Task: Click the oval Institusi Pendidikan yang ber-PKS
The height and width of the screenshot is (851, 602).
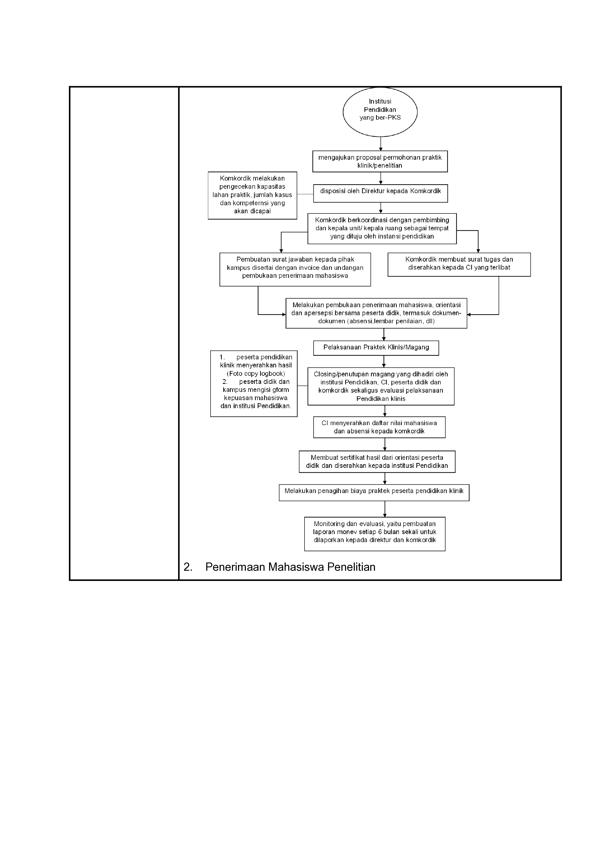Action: click(380, 112)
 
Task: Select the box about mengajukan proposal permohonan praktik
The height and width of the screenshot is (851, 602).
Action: click(380, 161)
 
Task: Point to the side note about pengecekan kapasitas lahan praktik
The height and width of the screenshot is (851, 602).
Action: click(252, 195)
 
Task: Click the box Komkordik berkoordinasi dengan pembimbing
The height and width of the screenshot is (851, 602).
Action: click(382, 228)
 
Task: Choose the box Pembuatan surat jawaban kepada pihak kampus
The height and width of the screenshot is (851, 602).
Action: click(295, 269)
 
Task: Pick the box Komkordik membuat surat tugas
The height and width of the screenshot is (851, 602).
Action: click(459, 264)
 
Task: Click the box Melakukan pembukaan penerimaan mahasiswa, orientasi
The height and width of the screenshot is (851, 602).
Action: click(376, 313)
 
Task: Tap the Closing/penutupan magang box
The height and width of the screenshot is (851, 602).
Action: click(381, 386)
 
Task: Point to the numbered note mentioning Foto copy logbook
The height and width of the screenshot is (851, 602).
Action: click(254, 384)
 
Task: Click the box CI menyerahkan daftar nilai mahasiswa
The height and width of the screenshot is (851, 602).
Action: click(379, 427)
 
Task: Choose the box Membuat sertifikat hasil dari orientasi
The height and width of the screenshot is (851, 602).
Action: click(377, 462)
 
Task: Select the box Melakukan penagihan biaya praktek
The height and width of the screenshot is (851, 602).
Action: click(374, 493)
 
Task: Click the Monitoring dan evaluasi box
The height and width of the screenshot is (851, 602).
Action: click(375, 534)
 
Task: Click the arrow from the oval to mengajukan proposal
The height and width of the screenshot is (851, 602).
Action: click(381, 144)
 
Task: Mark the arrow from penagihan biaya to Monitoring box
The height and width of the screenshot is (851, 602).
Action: click(385, 509)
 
